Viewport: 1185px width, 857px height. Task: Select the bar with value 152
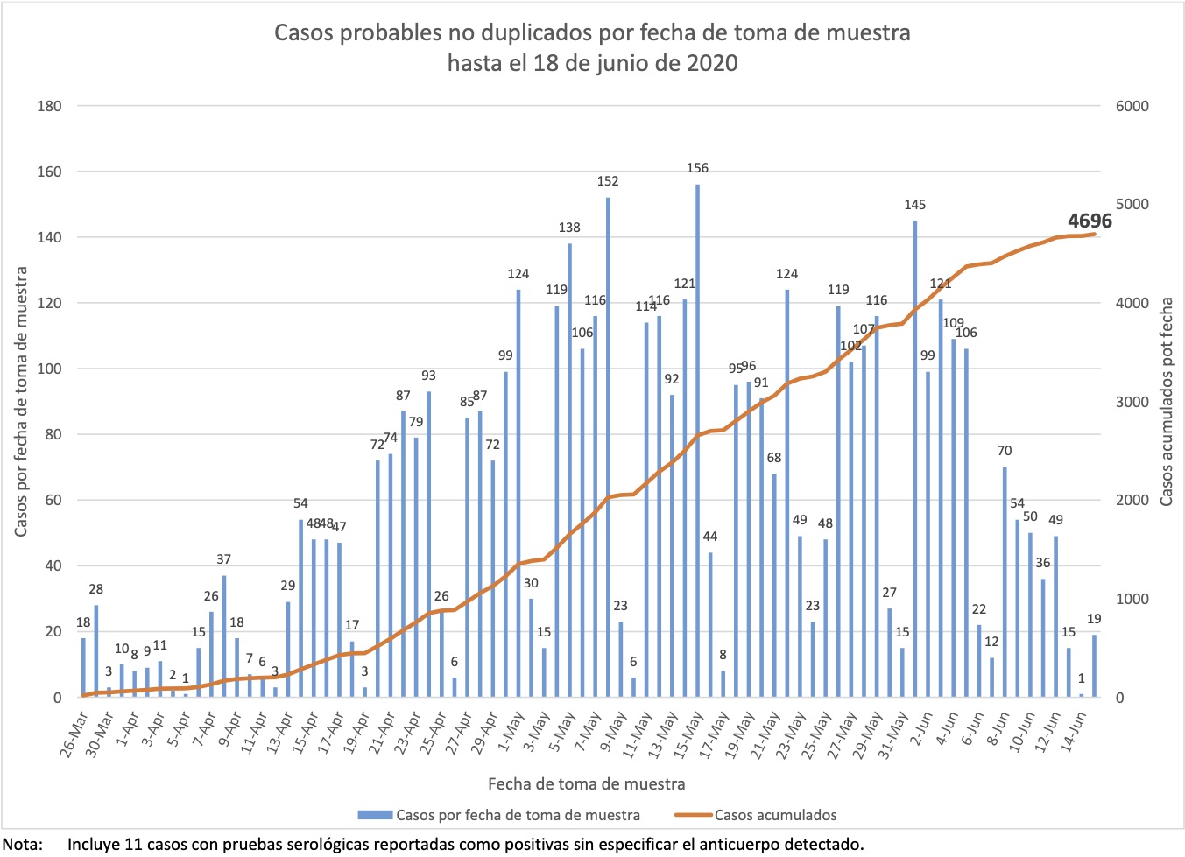[x=608, y=447]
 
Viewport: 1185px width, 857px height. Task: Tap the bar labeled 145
[x=915, y=459]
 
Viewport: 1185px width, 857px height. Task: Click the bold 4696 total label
[x=1089, y=221]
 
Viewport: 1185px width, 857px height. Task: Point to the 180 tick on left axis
[x=49, y=106]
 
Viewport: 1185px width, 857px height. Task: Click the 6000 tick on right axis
[x=1132, y=106]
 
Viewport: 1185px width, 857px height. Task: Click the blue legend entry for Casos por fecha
[x=499, y=815]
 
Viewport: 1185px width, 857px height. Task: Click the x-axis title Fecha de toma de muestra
[x=586, y=783]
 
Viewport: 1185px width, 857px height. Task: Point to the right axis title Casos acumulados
[x=1166, y=402]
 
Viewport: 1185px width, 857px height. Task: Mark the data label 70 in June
[x=1005, y=451]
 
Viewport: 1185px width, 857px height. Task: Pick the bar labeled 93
[x=428, y=544]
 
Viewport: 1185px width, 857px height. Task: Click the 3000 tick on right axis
[x=1132, y=402]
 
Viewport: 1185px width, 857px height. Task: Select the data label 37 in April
[x=224, y=559]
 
